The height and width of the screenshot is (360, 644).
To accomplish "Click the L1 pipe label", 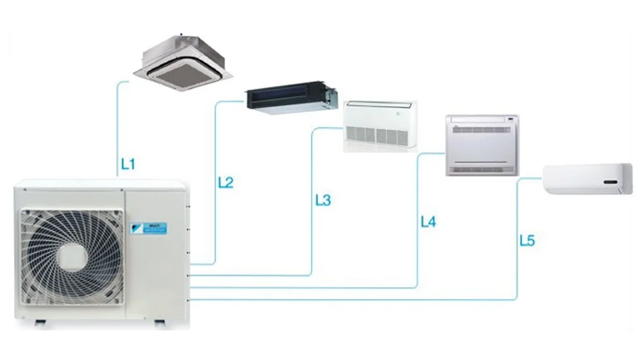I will (x=128, y=165).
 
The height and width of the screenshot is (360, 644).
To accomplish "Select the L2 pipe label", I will (x=225, y=183).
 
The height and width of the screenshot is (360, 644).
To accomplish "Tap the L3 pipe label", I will (x=323, y=201).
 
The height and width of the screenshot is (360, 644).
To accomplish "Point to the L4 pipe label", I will (x=428, y=222).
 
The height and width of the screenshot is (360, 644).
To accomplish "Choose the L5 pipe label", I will (x=527, y=241).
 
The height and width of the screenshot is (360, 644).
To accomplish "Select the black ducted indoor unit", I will (x=291, y=97).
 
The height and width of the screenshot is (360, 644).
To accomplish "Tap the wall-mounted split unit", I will (x=588, y=178).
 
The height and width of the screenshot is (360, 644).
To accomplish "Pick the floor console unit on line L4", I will (x=482, y=145).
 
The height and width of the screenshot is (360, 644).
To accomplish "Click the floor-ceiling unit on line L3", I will (x=379, y=126).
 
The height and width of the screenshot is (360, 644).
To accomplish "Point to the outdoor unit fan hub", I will (x=71, y=256).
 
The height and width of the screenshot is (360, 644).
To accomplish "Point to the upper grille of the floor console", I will (x=482, y=129).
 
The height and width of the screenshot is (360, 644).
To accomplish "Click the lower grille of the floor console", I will (x=481, y=167).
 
